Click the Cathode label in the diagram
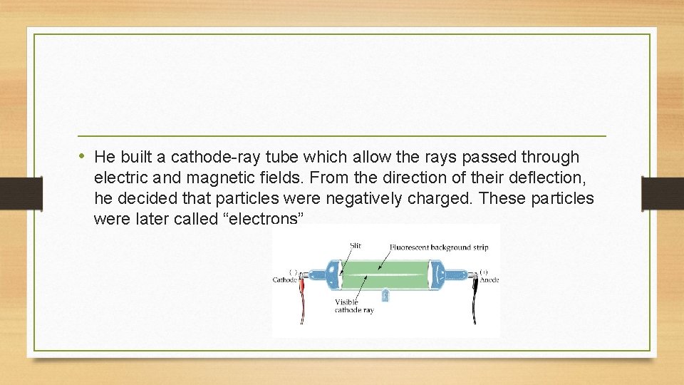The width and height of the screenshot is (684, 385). [285, 280]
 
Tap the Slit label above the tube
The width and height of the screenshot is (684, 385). [355, 246]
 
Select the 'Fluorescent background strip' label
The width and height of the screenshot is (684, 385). [438, 247]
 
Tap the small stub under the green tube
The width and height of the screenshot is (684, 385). [385, 294]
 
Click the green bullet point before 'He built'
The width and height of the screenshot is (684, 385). [83, 156]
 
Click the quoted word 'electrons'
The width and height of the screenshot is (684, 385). [264, 219]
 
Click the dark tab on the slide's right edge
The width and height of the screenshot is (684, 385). [663, 192]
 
